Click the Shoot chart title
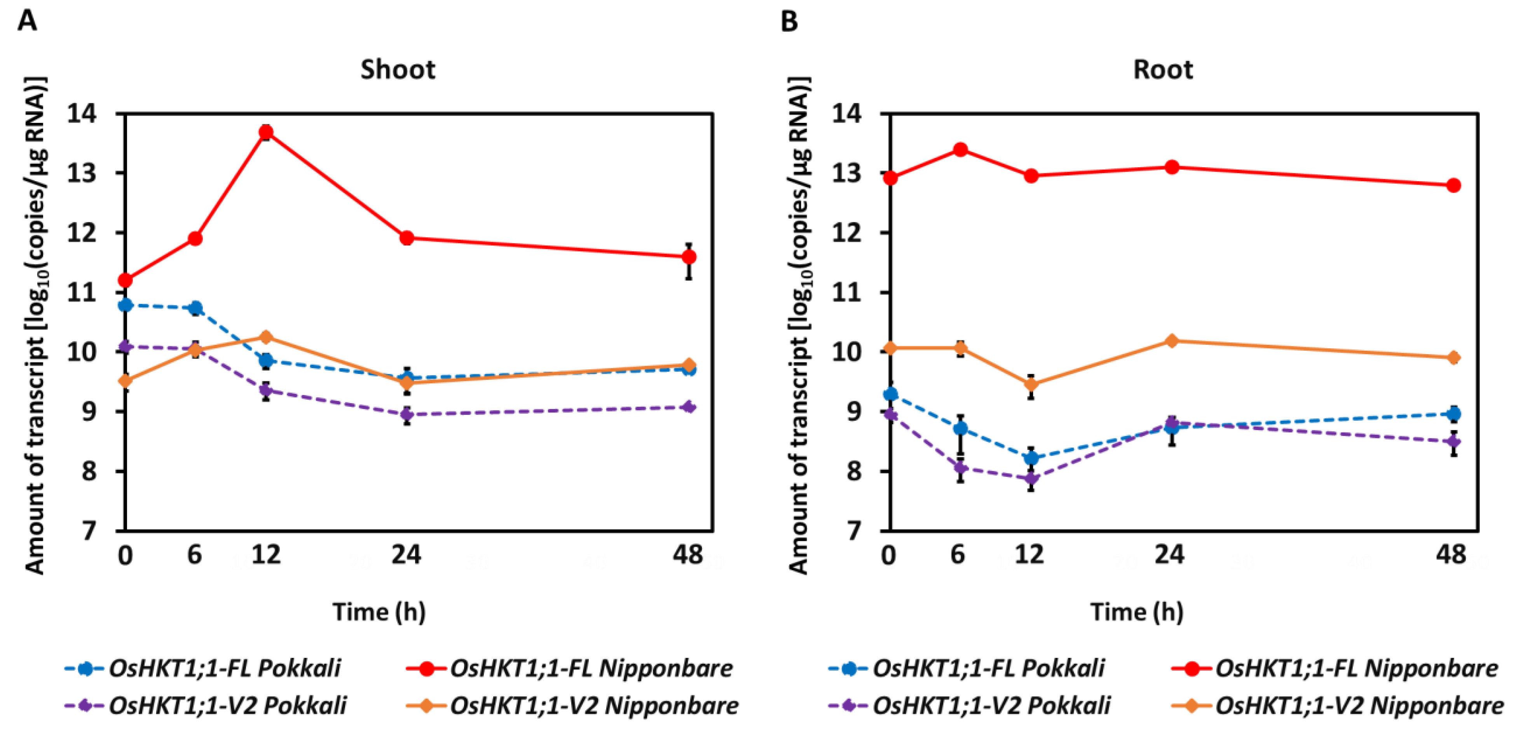[398, 70]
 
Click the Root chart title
[1163, 70]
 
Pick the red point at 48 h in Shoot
[688, 257]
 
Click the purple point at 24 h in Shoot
[407, 414]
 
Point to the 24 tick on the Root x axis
[1169, 554]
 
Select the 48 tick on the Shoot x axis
[688, 554]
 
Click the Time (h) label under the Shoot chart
[379, 612]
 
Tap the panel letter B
[789, 22]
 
